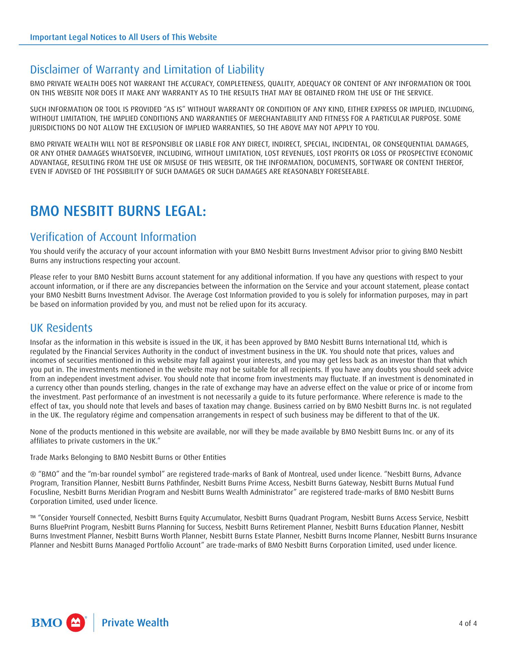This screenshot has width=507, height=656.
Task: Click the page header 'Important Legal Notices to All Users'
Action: click(x=123, y=37)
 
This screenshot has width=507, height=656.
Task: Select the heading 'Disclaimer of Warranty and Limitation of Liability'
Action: click(x=147, y=70)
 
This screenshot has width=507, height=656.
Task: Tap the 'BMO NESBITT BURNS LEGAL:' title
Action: click(x=118, y=211)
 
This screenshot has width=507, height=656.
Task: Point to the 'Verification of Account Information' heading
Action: click(x=113, y=237)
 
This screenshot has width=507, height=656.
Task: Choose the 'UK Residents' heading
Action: click(x=61, y=328)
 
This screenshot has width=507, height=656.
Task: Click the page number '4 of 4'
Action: click(x=468, y=623)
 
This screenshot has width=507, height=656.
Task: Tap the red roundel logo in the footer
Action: click(x=75, y=623)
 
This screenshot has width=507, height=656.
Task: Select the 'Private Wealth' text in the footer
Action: click(x=135, y=623)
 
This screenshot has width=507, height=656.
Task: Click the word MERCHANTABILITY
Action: click(x=277, y=119)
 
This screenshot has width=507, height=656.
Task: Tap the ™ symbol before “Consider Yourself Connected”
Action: click(x=34, y=518)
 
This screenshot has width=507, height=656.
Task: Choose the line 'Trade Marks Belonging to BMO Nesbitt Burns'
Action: click(x=128, y=457)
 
